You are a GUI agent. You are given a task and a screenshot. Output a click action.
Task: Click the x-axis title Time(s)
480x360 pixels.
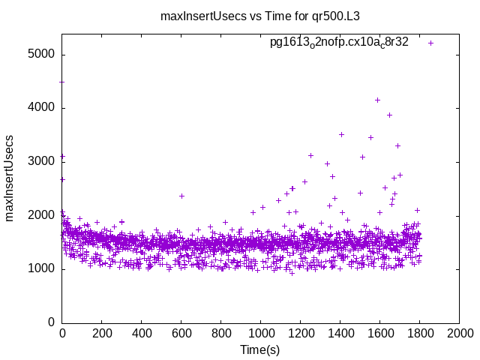[x=259, y=349]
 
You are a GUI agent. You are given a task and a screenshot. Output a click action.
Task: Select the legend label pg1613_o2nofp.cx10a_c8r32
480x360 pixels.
[x=339, y=43]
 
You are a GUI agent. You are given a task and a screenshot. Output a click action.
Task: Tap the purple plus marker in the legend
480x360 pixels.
[x=431, y=43]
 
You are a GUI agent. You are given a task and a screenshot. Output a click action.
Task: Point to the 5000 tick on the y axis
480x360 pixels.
[x=40, y=55]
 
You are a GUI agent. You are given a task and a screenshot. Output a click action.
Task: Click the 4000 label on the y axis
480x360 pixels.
[x=40, y=108]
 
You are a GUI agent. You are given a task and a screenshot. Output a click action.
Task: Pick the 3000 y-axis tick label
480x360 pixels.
[x=40, y=162]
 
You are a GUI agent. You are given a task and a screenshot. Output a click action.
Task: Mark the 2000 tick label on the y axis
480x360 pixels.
[x=40, y=215]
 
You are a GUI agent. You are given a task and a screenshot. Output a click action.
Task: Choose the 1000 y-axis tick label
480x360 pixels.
[x=40, y=269]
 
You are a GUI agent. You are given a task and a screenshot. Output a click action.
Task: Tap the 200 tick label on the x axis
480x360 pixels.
[x=102, y=333]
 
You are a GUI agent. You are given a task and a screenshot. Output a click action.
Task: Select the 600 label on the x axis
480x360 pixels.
[x=181, y=333]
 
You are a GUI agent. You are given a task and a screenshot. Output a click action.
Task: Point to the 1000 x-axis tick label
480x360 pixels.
[x=261, y=333]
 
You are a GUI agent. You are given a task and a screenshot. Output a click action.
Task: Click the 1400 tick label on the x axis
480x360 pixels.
[x=340, y=333]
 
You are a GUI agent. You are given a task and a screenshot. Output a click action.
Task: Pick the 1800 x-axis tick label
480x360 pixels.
[x=420, y=333]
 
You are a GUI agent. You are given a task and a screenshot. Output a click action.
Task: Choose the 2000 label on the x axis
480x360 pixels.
[x=460, y=333]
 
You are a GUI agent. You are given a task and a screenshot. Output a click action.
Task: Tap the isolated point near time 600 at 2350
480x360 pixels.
[x=181, y=196]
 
